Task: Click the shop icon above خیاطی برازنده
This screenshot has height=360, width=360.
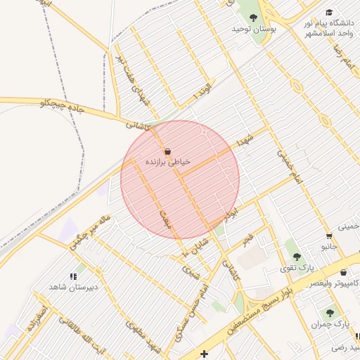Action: (x=167, y=151)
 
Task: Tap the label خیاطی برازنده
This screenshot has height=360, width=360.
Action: (x=167, y=162)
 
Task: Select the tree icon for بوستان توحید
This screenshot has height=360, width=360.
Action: (x=253, y=18)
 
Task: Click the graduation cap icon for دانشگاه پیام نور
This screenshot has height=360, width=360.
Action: (x=330, y=13)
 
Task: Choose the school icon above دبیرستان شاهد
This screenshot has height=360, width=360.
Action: (x=74, y=277)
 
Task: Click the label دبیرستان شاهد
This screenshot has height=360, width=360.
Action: (x=73, y=288)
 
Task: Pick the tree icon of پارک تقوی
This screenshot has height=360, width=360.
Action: (x=296, y=257)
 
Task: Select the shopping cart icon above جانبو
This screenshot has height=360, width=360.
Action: (x=329, y=236)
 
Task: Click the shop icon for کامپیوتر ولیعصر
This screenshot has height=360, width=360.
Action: (x=343, y=273)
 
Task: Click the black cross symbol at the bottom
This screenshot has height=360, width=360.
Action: (x=204, y=353)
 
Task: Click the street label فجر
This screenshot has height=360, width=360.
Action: (x=246, y=240)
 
